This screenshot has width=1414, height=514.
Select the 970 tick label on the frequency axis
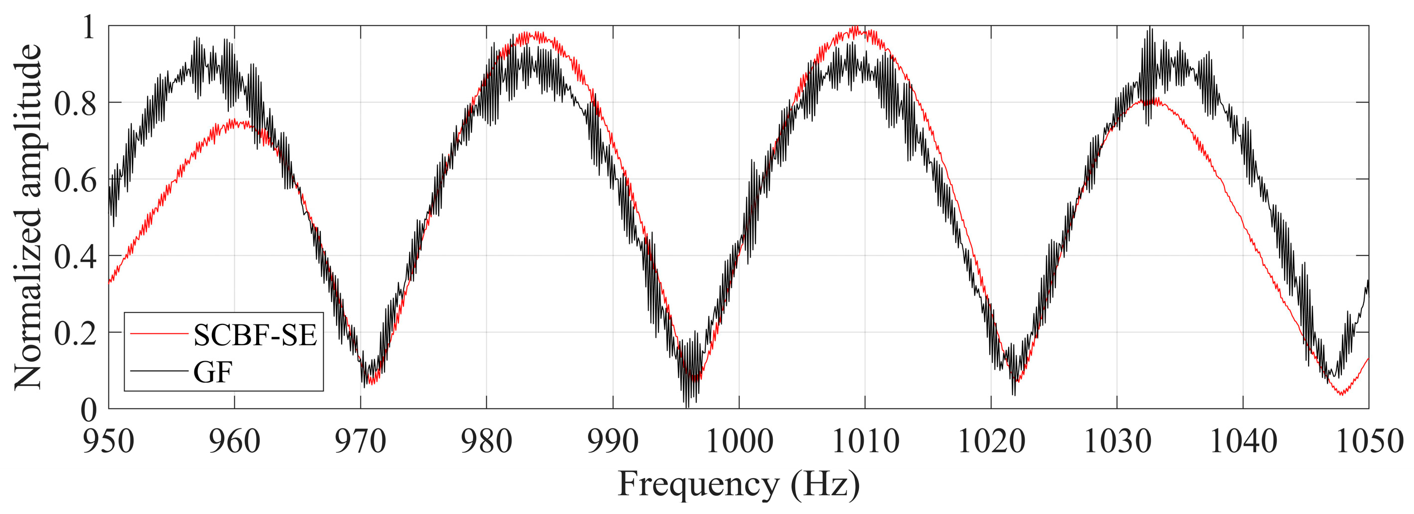(360, 441)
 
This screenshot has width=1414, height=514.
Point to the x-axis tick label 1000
(739, 441)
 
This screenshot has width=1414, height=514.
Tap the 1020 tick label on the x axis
(991, 441)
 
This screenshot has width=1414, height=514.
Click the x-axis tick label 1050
(1369, 441)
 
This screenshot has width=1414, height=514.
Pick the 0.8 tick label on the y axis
(75, 103)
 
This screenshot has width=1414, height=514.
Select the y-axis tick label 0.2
(75, 333)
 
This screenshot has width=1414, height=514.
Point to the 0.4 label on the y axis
(75, 256)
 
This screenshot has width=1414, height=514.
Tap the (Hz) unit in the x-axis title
(825, 484)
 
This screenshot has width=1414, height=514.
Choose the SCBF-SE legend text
(255, 334)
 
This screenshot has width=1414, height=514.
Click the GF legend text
(213, 373)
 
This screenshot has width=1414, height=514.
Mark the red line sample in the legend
(159, 333)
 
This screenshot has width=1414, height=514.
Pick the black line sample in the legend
(159, 372)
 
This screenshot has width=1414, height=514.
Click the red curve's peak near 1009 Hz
(854, 27)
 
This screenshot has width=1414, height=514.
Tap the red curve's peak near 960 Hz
(234, 121)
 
